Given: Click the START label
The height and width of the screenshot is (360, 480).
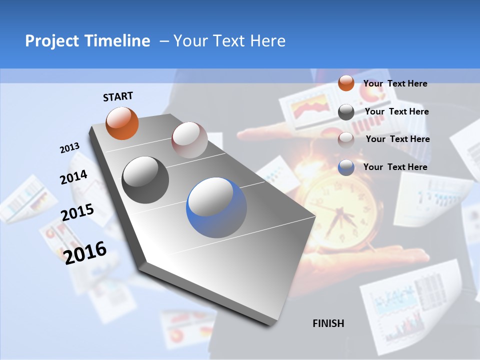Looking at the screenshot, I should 118,96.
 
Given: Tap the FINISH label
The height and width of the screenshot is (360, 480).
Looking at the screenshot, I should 328,323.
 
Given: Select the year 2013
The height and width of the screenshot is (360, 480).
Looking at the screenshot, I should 69,148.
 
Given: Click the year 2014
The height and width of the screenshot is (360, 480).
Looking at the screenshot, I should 74,177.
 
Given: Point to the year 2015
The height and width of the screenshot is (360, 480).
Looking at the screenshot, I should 77,212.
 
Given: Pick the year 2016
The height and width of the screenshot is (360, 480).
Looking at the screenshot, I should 85,253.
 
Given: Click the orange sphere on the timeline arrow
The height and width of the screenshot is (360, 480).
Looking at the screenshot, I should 122,123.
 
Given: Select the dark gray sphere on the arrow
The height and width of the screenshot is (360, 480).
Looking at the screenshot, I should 145,180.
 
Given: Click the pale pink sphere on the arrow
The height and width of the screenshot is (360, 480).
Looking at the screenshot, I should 189,140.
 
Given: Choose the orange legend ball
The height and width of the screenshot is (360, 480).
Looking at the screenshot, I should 346,83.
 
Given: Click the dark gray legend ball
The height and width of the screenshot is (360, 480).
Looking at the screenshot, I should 346,112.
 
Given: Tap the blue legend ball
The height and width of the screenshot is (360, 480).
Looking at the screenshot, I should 346,167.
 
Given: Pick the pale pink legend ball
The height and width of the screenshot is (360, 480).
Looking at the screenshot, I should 346,139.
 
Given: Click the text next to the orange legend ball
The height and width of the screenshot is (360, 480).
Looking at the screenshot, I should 395,83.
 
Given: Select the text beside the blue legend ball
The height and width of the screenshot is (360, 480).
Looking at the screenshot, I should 395,167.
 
